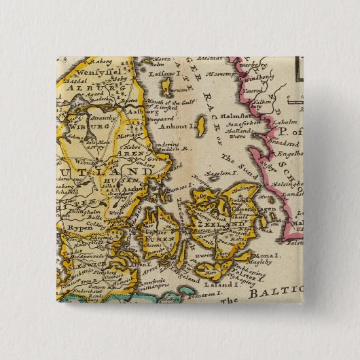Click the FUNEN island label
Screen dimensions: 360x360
pyautogui.click(x=150, y=238)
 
